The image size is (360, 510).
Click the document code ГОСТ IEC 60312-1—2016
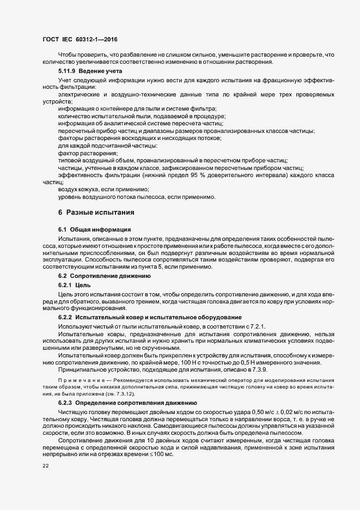tap(80, 39)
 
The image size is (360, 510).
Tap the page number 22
tap(46, 466)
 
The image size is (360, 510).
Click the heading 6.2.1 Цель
tap(70, 284)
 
